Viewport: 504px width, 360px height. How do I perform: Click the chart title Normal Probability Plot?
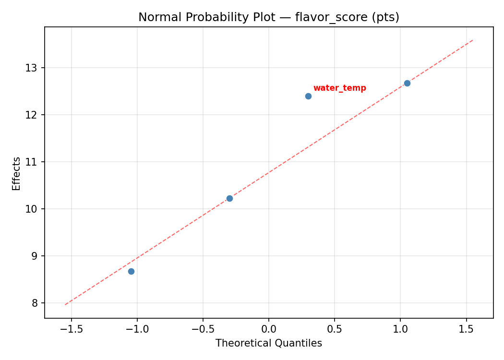269,17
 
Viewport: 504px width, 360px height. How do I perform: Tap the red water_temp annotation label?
339,88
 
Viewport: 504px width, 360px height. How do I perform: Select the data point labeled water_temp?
308,96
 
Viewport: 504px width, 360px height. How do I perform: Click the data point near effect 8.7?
131,271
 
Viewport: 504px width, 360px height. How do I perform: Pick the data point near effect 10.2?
229,198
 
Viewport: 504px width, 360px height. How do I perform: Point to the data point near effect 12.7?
407,83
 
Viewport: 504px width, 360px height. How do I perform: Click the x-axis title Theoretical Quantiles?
269,343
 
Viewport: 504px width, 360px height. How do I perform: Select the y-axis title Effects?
17,173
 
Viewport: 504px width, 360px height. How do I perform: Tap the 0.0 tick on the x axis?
269,329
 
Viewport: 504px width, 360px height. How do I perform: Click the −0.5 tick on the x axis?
203,329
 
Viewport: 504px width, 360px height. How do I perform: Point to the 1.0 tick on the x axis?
400,329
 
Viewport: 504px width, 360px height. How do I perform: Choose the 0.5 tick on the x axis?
335,329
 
